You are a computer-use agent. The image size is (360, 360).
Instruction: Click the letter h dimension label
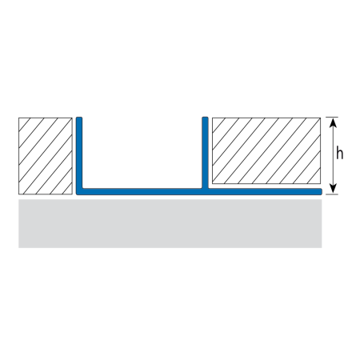tap(339, 153)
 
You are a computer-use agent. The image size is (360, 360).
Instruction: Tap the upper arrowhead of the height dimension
tap(333, 122)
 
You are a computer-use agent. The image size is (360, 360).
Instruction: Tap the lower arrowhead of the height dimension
tap(333, 189)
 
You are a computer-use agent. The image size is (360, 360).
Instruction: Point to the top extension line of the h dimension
tap(332, 117)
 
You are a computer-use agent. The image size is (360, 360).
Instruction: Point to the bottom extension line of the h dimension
tap(332, 194)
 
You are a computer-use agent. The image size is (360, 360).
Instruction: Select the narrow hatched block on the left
tap(46, 156)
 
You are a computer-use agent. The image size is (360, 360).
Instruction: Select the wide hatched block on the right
tap(266, 150)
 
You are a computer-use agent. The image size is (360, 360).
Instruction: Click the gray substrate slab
tap(170, 223)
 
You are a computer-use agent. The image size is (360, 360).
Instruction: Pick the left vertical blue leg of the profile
tap(79, 153)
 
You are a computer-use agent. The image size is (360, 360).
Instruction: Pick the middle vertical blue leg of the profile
tap(205, 153)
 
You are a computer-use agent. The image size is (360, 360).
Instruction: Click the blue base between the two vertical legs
tap(142, 191)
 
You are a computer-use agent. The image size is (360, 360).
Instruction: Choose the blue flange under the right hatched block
tap(265, 191)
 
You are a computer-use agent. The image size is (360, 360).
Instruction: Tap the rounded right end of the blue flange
tap(321, 191)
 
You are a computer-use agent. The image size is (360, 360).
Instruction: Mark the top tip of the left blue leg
tap(79, 117)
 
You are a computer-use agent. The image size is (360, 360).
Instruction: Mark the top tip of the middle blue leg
tap(205, 117)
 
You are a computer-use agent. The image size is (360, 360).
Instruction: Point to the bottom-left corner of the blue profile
tap(77, 194)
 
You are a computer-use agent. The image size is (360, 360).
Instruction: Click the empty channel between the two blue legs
tap(142, 153)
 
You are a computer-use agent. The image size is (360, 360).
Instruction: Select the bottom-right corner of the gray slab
tap(322, 248)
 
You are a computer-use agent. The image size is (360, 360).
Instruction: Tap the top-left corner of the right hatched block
tap(212, 118)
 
